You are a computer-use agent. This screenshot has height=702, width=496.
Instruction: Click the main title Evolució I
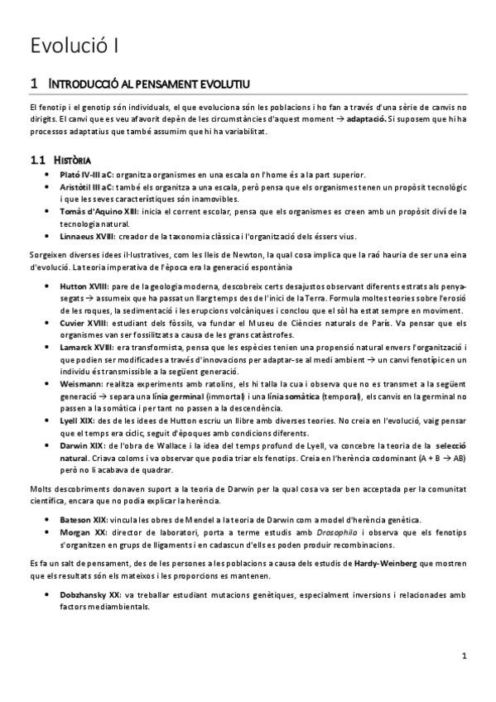point(73,45)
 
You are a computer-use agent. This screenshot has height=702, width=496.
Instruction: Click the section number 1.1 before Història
point(37,158)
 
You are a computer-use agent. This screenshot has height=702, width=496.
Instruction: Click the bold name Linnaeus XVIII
point(89,237)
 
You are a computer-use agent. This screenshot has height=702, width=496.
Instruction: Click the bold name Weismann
point(81,385)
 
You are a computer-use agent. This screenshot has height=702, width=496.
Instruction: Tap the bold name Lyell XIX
point(79,421)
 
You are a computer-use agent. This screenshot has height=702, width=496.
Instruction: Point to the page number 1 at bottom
point(465,656)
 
